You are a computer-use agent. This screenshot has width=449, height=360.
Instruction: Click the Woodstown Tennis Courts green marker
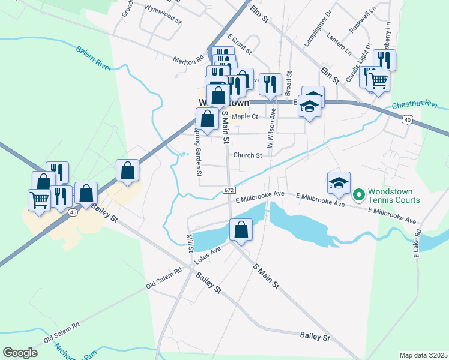(x=359, y=194)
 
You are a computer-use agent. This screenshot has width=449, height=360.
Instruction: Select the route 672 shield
(x=229, y=190)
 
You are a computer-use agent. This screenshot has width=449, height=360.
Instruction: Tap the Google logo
(x=20, y=352)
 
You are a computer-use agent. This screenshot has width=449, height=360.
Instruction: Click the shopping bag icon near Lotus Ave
(x=241, y=230)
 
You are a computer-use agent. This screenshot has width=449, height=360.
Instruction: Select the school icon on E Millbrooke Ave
(x=339, y=183)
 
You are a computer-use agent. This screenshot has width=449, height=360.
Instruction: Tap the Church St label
(x=248, y=155)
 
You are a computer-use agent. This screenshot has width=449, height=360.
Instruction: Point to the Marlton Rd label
(x=188, y=61)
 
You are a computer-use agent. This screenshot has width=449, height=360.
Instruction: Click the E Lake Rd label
(x=415, y=243)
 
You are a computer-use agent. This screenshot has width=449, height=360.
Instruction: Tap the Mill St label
(x=190, y=242)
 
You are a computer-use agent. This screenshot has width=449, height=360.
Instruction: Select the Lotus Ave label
(x=208, y=255)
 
